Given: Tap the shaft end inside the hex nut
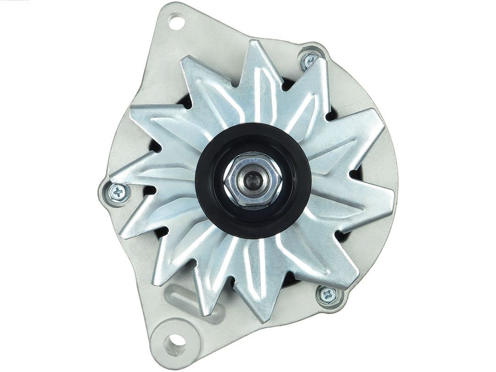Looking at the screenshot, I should point(253,180).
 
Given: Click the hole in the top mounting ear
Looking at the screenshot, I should point(176,21).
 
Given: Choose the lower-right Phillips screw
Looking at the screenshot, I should point(328,294).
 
